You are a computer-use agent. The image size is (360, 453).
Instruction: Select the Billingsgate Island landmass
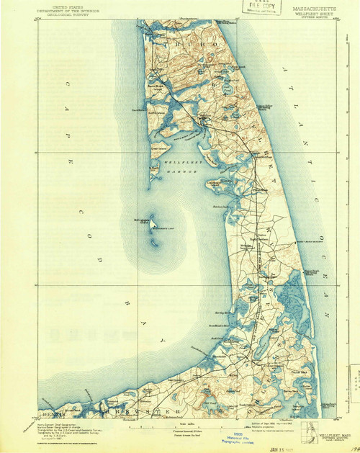(153, 220)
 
